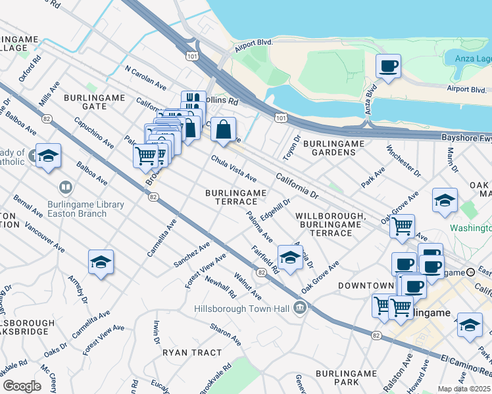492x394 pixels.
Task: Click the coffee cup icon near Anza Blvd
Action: click(x=388, y=66)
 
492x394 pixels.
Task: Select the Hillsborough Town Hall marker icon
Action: click(x=301, y=307)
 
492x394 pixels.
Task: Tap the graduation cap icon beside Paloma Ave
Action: click(x=289, y=258)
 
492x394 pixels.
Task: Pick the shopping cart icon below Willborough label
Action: click(x=402, y=227)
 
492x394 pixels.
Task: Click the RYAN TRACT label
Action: click(x=192, y=353)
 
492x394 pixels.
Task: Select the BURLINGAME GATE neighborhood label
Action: click(x=94, y=101)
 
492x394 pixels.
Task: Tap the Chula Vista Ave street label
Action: click(x=234, y=169)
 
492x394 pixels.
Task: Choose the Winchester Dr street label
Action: click(x=403, y=161)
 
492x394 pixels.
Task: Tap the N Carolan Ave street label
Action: click(x=145, y=77)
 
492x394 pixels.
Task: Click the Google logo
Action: click(x=22, y=386)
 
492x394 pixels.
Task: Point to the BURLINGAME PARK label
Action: click(x=345, y=378)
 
